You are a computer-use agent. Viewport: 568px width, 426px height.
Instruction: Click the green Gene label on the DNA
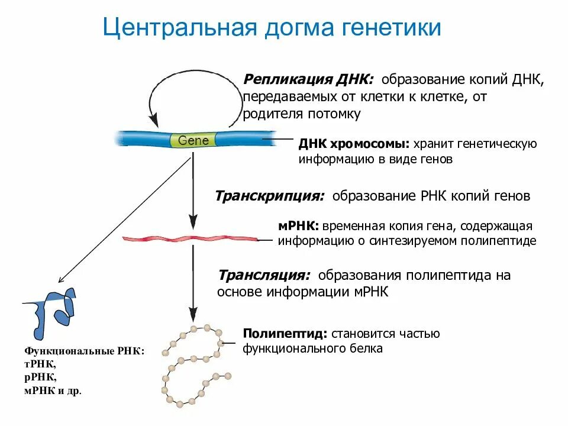193,141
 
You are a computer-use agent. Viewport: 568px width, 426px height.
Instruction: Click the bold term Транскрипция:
269,196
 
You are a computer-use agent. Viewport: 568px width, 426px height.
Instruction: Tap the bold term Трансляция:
264,276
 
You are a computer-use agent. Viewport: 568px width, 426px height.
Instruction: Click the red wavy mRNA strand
190,238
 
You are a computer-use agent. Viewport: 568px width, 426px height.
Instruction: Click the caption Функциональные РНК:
83,351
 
